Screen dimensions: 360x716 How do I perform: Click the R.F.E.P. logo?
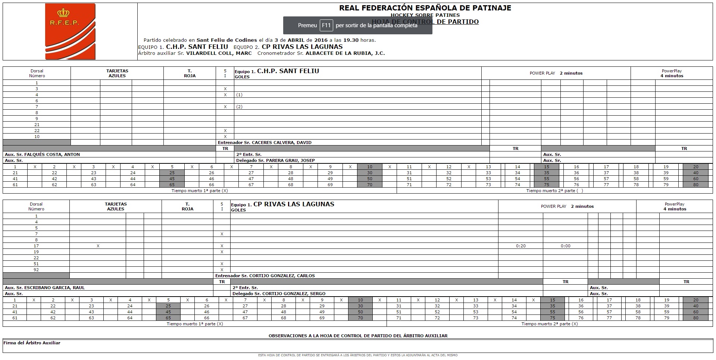pyautogui.click(x=70, y=31)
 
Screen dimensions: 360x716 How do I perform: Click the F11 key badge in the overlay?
pyautogui.click(x=326, y=25)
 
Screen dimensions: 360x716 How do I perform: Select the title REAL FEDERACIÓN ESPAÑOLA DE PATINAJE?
pyautogui.click(x=425, y=8)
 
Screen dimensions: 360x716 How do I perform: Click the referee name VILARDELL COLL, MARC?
pyautogui.click(x=219, y=53)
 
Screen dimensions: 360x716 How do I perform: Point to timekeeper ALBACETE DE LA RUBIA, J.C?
pyautogui.click(x=345, y=53)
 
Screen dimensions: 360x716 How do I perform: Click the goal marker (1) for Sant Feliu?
pyautogui.click(x=239, y=95)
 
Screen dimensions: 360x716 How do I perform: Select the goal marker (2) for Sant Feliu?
pyautogui.click(x=239, y=107)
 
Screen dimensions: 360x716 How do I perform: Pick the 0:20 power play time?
pyautogui.click(x=521, y=246)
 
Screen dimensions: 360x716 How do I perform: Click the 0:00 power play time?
pyautogui.click(x=566, y=246)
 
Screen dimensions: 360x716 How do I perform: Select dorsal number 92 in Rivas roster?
pyautogui.click(x=36, y=270)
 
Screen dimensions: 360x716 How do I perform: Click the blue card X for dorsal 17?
pyautogui.click(x=98, y=246)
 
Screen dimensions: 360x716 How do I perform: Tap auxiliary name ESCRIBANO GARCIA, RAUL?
pyautogui.click(x=54, y=288)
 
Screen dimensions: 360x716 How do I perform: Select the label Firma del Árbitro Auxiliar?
pyautogui.click(x=32, y=343)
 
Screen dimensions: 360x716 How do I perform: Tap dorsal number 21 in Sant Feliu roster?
pyautogui.click(x=37, y=125)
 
